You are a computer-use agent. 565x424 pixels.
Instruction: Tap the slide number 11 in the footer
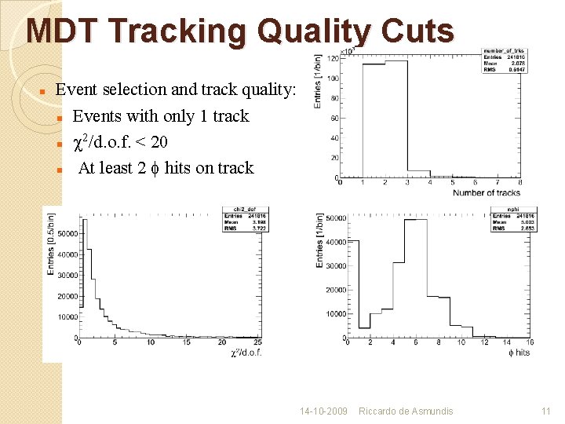click(546, 411)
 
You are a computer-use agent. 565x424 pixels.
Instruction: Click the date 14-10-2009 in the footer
click(323, 411)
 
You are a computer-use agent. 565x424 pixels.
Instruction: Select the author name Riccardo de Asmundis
click(406, 411)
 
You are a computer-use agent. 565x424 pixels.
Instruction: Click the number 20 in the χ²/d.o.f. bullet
click(159, 142)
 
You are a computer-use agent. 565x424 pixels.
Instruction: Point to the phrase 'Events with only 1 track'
click(160, 116)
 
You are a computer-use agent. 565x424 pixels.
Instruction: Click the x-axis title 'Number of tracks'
click(487, 192)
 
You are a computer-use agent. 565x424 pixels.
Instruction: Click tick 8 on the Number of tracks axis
click(520, 183)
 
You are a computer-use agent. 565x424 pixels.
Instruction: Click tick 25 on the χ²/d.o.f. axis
click(258, 342)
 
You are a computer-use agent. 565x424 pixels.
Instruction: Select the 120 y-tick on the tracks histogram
click(333, 59)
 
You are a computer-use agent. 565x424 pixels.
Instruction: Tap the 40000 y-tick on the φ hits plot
click(336, 241)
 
